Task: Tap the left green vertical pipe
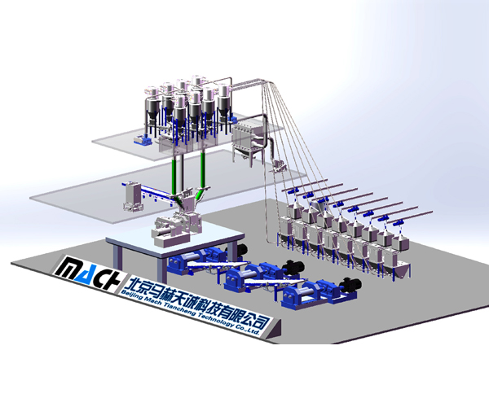(x=174, y=175)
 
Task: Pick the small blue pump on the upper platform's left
(x=143, y=140)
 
